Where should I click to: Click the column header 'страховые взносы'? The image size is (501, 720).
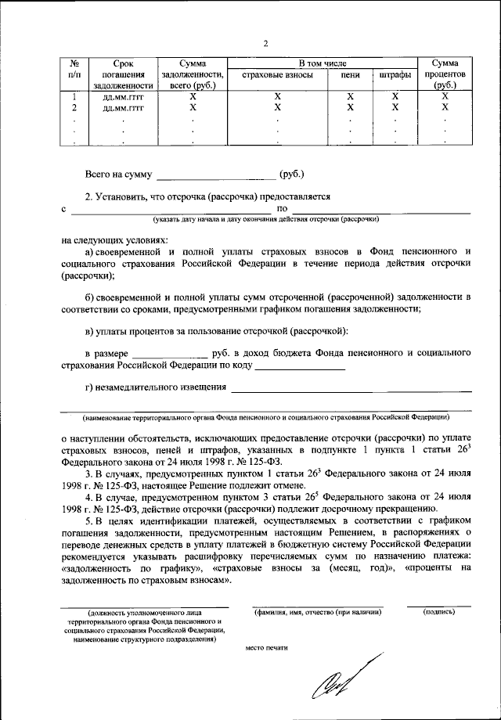277,75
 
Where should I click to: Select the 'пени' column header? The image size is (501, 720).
350,75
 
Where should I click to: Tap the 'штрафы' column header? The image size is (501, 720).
395,75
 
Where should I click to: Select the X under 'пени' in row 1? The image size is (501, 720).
350,96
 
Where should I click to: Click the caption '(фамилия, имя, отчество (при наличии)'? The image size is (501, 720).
317,612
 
